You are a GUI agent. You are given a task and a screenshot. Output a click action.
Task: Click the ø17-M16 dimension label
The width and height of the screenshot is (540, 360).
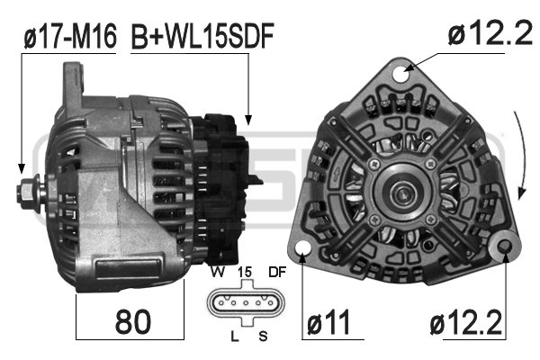tap(70, 36)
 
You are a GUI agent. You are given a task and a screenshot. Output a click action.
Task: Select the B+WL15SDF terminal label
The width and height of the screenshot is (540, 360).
tap(202, 36)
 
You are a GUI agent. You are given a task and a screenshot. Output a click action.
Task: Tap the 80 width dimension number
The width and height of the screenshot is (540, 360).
tap(133, 322)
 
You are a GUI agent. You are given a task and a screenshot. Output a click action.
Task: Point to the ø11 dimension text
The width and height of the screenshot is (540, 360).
tap(328, 322)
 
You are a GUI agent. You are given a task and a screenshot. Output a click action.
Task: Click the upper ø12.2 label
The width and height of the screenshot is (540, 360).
tap(490, 33)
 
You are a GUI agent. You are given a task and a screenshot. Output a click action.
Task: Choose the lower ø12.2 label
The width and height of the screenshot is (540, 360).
tap(465, 322)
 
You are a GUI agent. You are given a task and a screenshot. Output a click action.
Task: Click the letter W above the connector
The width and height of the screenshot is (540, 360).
tap(218, 272)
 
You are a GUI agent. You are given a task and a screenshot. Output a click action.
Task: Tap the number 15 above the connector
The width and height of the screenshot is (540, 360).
tap(245, 272)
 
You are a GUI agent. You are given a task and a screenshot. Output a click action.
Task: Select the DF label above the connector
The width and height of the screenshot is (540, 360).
tap(277, 272)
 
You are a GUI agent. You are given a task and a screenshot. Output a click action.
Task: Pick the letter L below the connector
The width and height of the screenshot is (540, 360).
tap(235, 336)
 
